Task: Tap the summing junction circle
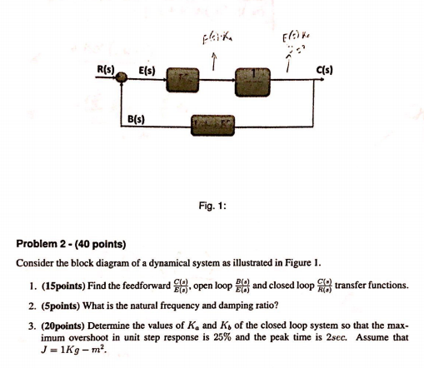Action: (122, 78)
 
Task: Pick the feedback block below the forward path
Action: (215, 126)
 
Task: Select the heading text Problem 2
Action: (44, 245)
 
